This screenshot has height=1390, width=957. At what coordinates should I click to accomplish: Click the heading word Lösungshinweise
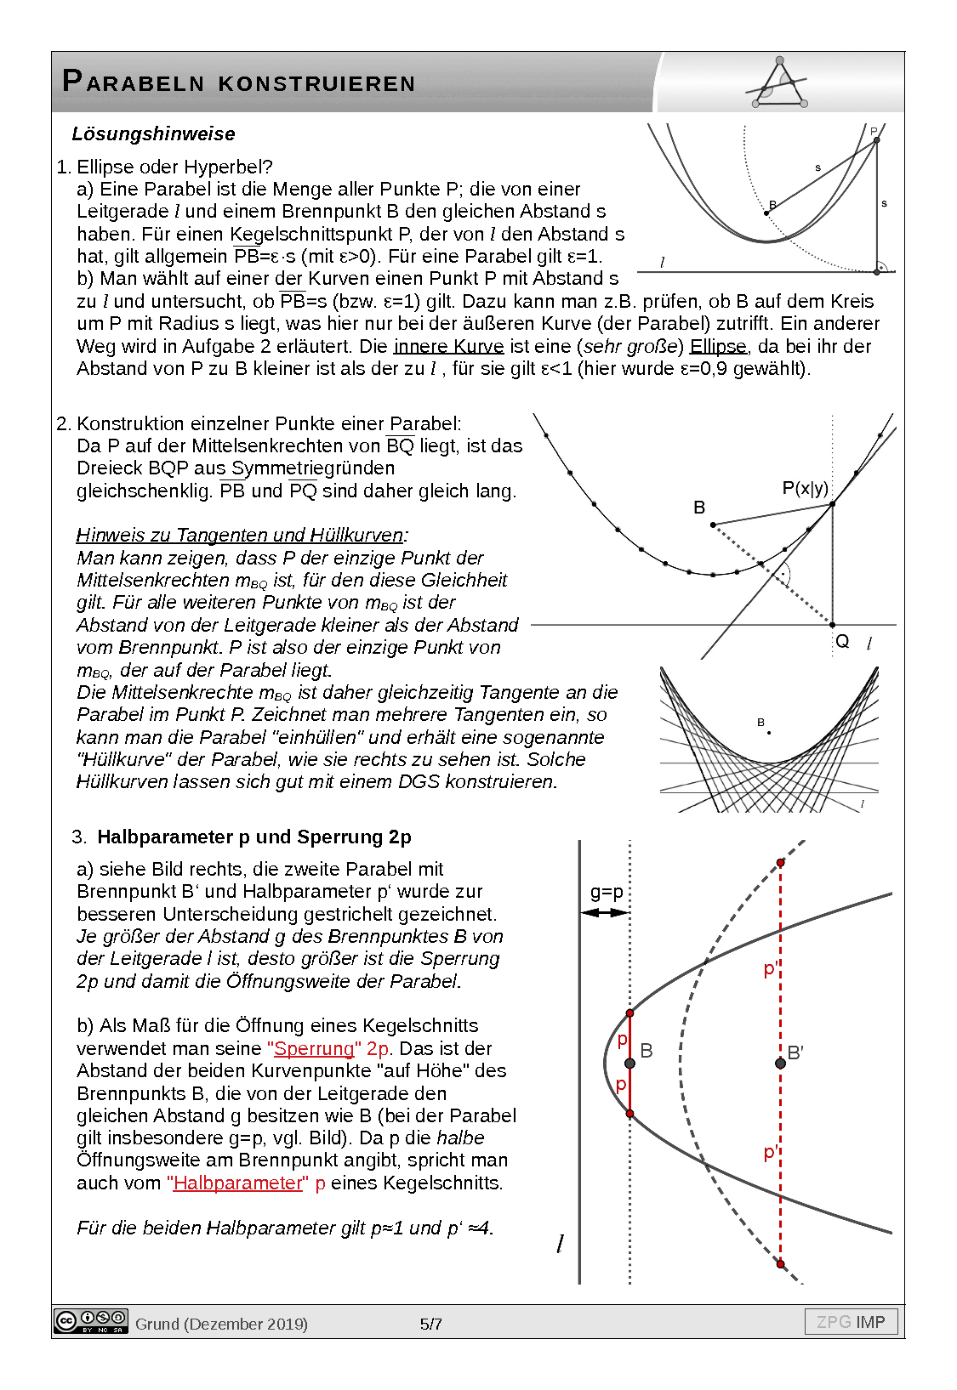tap(153, 134)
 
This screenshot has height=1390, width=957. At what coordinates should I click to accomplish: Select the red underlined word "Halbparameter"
tap(237, 1183)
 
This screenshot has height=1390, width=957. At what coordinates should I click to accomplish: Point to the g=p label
tap(607, 892)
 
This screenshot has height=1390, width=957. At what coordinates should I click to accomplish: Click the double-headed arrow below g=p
tap(605, 912)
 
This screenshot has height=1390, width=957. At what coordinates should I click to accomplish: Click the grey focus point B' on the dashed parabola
tap(780, 1063)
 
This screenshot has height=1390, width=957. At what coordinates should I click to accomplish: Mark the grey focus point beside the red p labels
tap(629, 1064)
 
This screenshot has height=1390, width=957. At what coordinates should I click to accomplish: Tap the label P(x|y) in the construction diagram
tap(805, 488)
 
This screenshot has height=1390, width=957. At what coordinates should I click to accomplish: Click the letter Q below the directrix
tap(842, 642)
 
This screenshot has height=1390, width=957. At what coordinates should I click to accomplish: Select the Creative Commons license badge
tap(91, 1321)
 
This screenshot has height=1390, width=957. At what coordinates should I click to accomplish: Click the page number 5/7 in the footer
tap(431, 1324)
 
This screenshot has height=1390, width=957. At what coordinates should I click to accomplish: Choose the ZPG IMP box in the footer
tap(851, 1322)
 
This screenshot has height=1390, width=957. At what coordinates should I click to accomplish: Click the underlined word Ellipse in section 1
tap(718, 346)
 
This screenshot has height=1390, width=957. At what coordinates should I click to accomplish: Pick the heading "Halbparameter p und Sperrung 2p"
tap(254, 837)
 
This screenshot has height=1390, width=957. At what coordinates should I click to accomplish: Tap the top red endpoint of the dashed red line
tap(781, 863)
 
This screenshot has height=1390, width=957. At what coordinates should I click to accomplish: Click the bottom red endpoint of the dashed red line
tap(781, 1264)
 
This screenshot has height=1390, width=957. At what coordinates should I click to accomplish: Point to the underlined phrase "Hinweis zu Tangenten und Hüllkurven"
tap(239, 535)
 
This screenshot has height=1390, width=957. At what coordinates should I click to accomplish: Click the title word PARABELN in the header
tap(134, 82)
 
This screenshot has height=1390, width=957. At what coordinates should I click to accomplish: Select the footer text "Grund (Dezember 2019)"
tap(221, 1324)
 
